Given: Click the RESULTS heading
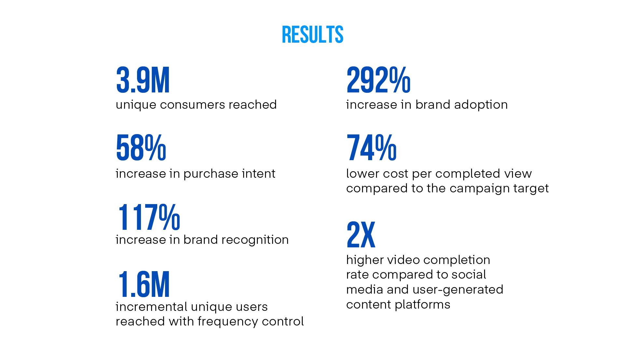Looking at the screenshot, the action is pyautogui.click(x=312, y=35).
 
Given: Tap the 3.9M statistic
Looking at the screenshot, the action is pyautogui.click(x=143, y=80).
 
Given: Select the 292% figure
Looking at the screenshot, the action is pyautogui.click(x=378, y=80).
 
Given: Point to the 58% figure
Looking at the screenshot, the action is pyautogui.click(x=141, y=148).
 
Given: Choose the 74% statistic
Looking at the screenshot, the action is pyautogui.click(x=371, y=148).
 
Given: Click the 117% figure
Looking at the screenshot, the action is pyautogui.click(x=149, y=217).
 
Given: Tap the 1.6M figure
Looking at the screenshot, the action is pyautogui.click(x=144, y=285).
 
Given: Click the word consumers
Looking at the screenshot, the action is pyautogui.click(x=192, y=105).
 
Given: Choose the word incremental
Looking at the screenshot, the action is pyautogui.click(x=152, y=307).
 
